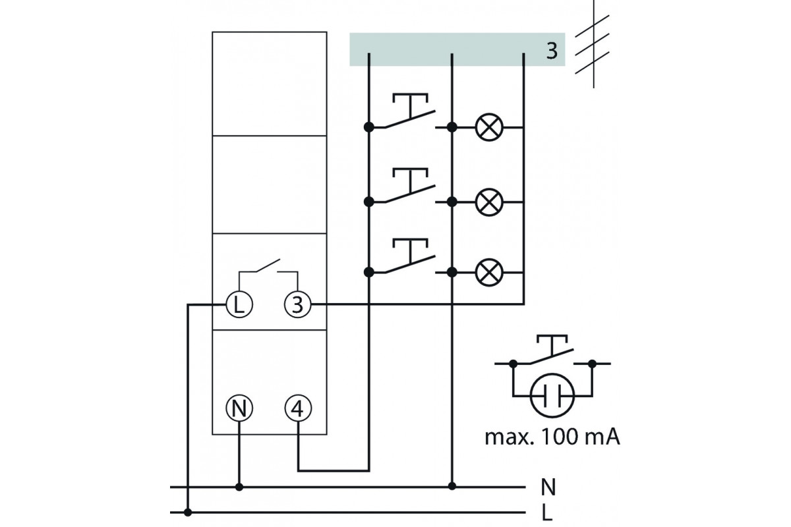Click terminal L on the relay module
pos(239,304)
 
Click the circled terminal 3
pos(298,304)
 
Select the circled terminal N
pos(239,408)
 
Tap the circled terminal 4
pos(298,408)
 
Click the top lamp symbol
pos(489,127)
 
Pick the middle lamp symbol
pos(489,202)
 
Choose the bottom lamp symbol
pos(489,272)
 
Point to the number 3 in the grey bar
pos(552,51)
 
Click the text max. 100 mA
pos(552,437)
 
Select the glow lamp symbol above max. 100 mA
pos(552,396)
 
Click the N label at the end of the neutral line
pos(548,487)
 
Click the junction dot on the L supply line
pos(188,512)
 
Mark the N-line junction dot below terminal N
pos(239,487)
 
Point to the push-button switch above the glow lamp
pos(552,351)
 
